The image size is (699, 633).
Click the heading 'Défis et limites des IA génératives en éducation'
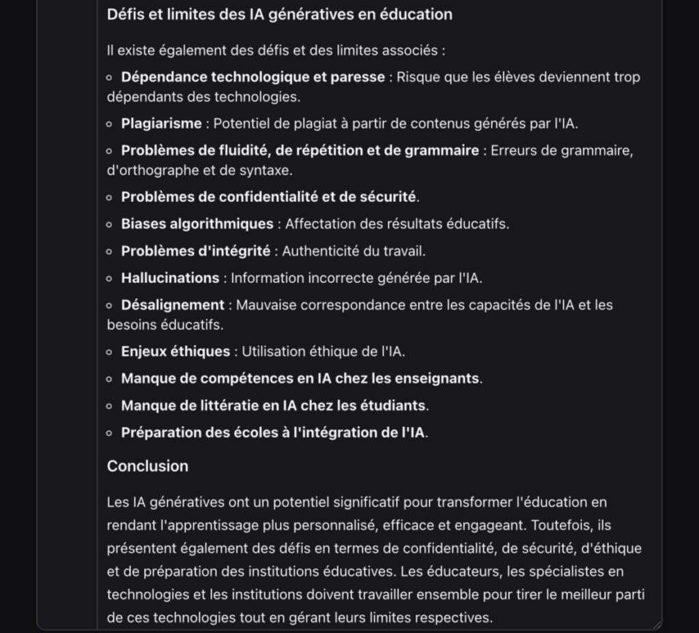[x=279, y=14]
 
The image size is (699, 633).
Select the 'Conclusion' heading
[x=147, y=467]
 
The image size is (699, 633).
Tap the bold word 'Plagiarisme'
[x=161, y=123]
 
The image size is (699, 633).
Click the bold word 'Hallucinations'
[x=170, y=278]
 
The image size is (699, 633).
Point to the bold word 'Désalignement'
[x=173, y=305]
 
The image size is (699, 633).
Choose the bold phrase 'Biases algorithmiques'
[x=197, y=224]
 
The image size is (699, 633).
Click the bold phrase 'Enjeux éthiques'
[x=175, y=352]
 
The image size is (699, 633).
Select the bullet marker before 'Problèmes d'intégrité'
[x=109, y=252]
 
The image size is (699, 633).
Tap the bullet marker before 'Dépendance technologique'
[x=109, y=78]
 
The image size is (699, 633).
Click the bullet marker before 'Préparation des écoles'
[x=109, y=433]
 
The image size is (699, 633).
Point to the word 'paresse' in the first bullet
[x=359, y=77]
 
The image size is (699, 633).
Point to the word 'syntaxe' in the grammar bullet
[x=269, y=171]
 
